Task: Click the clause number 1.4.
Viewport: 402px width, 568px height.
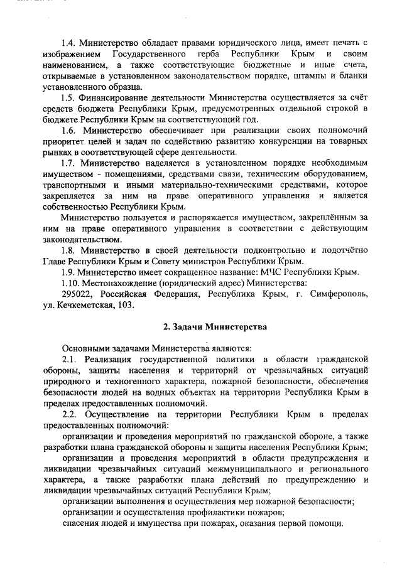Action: pyautogui.click(x=70, y=43)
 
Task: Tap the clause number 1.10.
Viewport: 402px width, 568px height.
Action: pyautogui.click(x=72, y=283)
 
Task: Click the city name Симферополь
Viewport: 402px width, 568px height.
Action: pyautogui.click(x=337, y=294)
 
